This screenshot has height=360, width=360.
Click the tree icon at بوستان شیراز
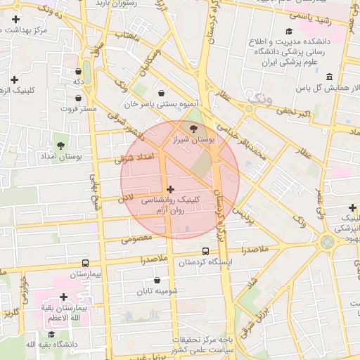click(194, 128)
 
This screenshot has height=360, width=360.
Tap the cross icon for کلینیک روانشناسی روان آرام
click(171, 188)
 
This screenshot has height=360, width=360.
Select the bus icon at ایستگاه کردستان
click(205, 251)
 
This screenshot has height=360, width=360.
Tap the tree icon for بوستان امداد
click(61, 145)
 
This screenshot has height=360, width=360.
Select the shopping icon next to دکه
click(78, 71)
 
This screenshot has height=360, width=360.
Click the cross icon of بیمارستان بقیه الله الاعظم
click(64, 297)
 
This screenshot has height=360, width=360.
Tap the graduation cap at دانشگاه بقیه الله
click(52, 333)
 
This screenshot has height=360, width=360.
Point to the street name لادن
click(126, 200)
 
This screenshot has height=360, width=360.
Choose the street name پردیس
click(241, 212)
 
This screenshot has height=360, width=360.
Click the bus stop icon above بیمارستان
click(86, 262)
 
